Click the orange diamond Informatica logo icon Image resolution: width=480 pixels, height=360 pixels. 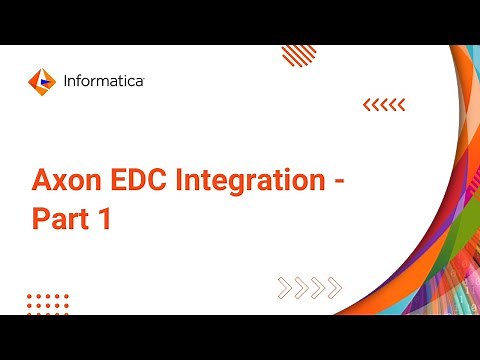pyautogui.click(x=41, y=79)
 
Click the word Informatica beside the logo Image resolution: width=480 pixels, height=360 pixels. pyautogui.click(x=101, y=79)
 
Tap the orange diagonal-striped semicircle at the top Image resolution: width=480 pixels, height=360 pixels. pyautogui.click(x=299, y=54)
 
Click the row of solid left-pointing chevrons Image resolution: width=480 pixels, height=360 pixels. pyautogui.click(x=383, y=104)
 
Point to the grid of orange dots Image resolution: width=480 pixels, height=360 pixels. pyautogui.click(x=47, y=303)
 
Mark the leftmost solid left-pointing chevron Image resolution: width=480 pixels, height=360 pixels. pyautogui.click(x=367, y=104)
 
